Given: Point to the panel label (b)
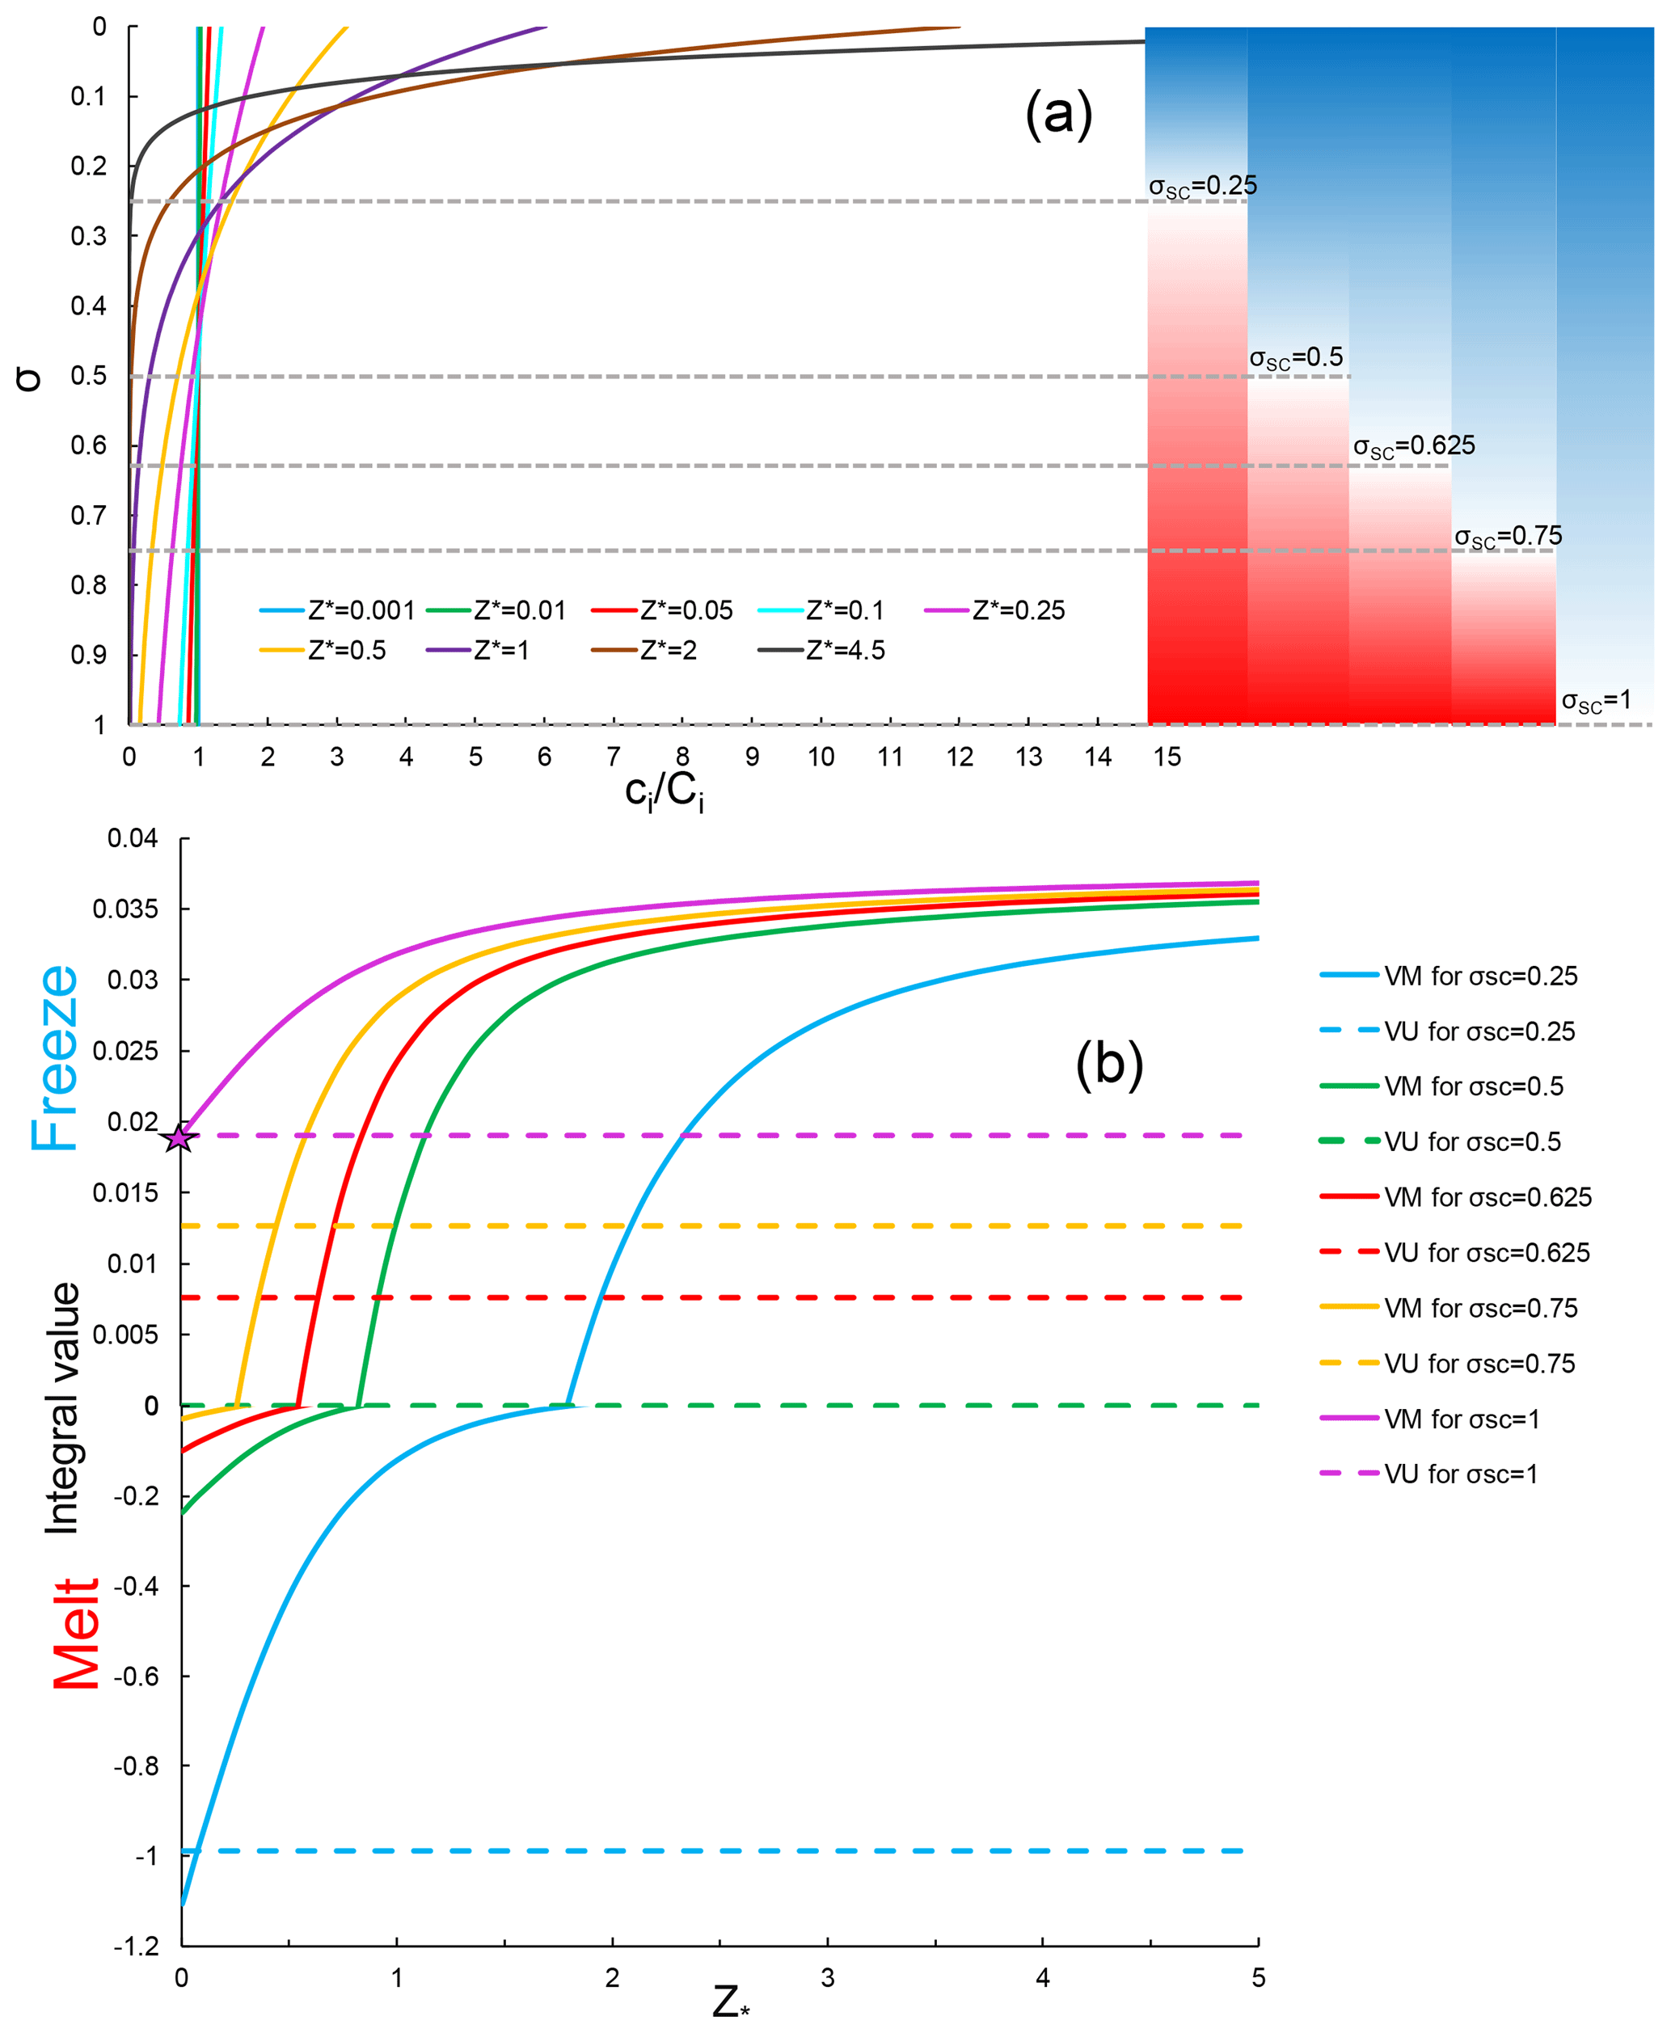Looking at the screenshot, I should (1109, 1065).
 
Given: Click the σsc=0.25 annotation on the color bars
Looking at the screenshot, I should (1202, 186).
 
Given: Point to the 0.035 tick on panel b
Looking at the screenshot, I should (125, 909).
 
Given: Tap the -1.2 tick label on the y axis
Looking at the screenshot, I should (136, 1947).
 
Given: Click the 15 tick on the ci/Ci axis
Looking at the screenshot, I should (1167, 757).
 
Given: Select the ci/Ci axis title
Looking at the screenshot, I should (665, 793).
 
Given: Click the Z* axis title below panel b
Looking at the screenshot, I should (731, 2003).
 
